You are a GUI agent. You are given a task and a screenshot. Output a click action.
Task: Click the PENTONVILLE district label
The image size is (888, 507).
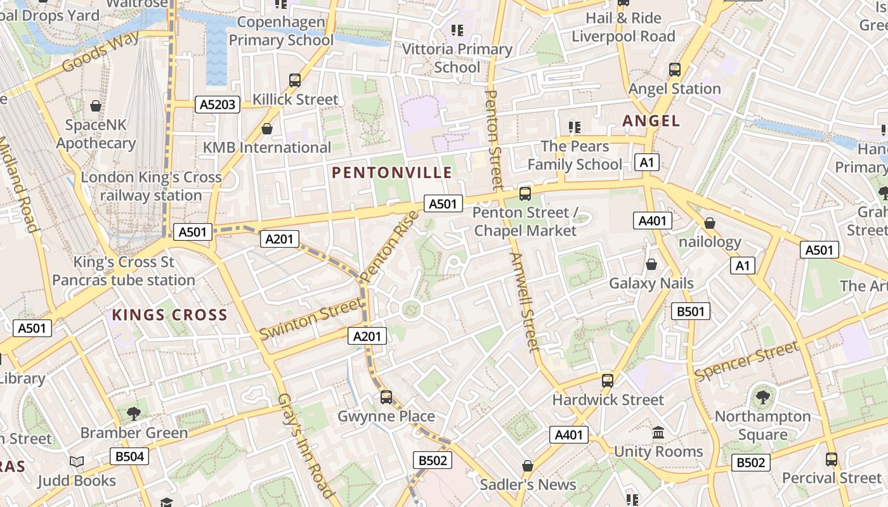392,172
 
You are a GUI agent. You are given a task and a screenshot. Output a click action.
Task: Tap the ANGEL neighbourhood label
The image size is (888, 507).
651,120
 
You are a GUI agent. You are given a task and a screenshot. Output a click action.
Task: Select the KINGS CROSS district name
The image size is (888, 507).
169,315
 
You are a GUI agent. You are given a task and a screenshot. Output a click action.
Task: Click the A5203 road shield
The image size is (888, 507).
217,105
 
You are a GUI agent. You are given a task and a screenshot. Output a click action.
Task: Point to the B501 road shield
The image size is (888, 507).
690,311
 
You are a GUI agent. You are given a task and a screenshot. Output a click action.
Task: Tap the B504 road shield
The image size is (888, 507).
129,456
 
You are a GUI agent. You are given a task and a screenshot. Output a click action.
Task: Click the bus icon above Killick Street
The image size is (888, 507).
295,80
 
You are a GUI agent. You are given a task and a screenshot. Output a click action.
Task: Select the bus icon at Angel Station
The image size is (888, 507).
675,70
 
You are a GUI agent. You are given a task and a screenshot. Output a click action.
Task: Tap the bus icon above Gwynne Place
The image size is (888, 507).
386,397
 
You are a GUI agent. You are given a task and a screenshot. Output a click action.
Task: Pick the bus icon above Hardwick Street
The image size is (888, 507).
608,381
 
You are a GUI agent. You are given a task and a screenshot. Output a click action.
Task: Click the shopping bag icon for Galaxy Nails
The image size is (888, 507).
651,264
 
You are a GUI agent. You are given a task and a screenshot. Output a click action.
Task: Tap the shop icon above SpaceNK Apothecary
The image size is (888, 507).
96,106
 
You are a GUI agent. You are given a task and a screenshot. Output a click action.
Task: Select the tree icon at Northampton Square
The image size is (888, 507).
762,398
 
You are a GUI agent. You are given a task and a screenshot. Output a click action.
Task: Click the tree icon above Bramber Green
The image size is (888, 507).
134,414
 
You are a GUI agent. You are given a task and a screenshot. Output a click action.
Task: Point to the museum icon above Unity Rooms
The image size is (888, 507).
658,433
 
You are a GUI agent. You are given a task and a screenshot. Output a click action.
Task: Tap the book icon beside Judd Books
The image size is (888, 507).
77,462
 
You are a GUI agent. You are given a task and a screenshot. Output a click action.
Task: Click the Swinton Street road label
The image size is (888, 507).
310,320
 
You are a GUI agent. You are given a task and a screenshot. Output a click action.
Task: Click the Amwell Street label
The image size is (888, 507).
524,302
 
